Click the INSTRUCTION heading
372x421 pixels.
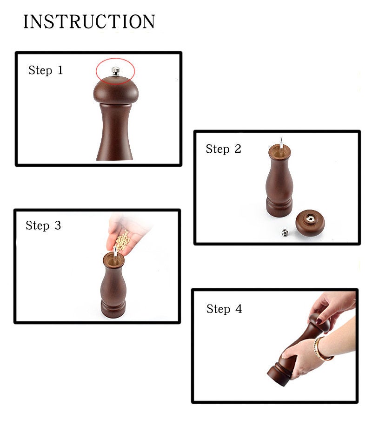(x=89, y=21)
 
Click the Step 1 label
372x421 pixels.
(x=46, y=70)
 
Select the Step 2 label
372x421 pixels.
(x=223, y=149)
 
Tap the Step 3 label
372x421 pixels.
(x=43, y=225)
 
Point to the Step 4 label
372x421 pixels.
(x=224, y=309)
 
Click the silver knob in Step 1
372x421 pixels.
(x=115, y=72)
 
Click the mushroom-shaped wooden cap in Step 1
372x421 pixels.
(x=116, y=90)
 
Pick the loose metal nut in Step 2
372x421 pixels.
(x=285, y=232)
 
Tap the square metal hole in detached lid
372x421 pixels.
(x=310, y=218)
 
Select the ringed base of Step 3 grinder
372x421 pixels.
(x=113, y=308)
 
